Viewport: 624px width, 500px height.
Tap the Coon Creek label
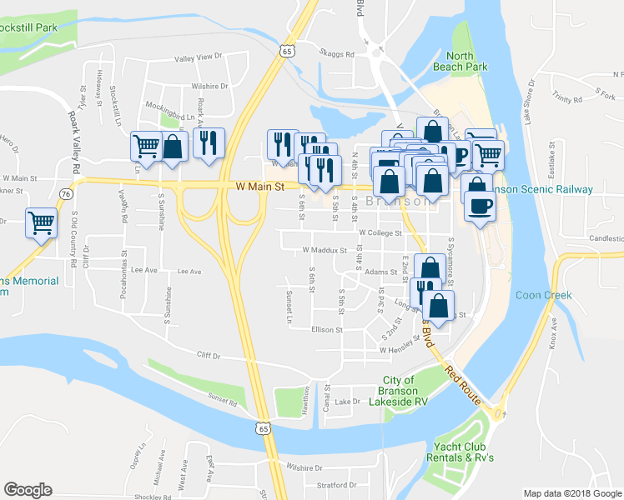[543, 295]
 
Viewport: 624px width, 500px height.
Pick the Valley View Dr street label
[199, 57]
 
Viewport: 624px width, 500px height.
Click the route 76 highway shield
[66, 193]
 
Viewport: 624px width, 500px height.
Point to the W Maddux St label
[325, 250]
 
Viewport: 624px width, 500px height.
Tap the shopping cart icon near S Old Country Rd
[41, 222]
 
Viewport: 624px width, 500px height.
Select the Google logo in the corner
[28, 490]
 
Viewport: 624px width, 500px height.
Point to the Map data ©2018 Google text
[571, 493]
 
